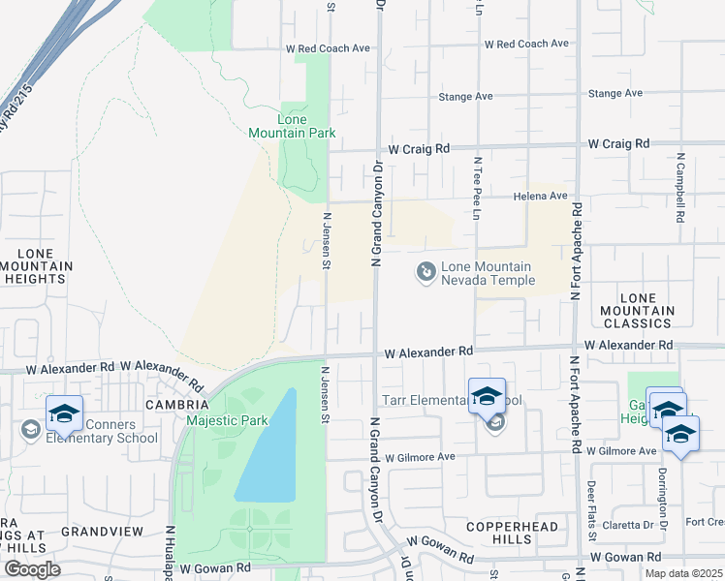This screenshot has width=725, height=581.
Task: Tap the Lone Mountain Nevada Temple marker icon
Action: tap(426, 273)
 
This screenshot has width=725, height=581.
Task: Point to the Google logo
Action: tap(31, 569)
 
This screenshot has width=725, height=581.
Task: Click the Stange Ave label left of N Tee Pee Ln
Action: tap(465, 97)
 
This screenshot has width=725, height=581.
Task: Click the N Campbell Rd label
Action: tap(681, 188)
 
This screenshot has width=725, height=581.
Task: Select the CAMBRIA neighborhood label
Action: tap(176, 404)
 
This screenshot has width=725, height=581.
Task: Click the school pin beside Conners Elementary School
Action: tap(64, 414)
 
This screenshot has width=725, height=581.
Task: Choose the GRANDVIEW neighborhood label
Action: tap(102, 532)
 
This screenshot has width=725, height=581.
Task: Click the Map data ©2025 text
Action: tap(683, 573)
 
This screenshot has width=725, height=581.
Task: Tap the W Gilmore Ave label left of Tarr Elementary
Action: tap(419, 456)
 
